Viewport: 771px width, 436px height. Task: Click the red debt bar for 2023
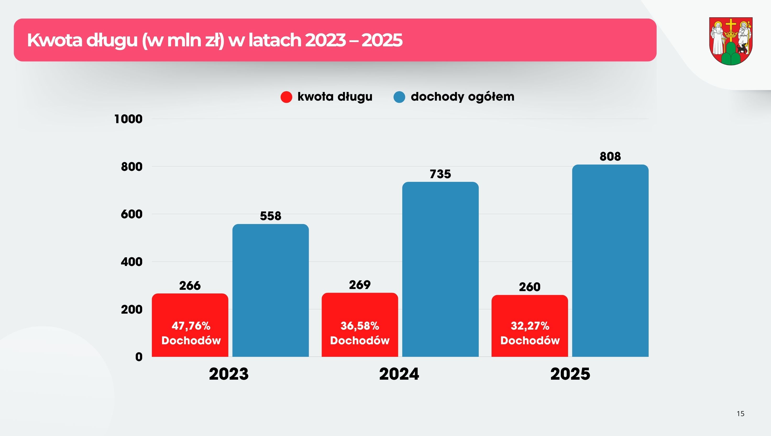click(x=190, y=325)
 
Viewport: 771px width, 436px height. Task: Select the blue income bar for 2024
click(x=440, y=269)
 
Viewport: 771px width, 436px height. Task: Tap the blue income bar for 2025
click(x=610, y=260)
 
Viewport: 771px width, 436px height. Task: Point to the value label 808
click(x=610, y=156)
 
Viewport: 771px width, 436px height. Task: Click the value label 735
click(x=440, y=174)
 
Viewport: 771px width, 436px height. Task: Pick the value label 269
click(x=360, y=285)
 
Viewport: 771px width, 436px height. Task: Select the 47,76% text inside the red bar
click(x=191, y=326)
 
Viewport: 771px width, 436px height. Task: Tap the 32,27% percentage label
click(x=530, y=326)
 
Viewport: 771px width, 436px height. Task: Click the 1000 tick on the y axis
click(x=128, y=119)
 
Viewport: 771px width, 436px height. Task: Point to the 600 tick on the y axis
click(x=131, y=214)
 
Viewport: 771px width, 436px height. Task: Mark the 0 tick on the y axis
click(x=139, y=357)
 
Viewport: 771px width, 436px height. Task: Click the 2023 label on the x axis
click(x=229, y=374)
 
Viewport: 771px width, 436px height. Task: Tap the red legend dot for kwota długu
click(x=286, y=97)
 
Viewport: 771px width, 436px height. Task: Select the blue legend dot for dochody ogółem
click(x=399, y=97)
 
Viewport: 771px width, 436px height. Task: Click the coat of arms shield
click(x=731, y=41)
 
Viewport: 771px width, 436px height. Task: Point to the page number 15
click(x=740, y=414)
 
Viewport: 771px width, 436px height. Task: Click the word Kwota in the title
click(x=54, y=40)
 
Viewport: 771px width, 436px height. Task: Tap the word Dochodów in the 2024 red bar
click(x=360, y=340)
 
